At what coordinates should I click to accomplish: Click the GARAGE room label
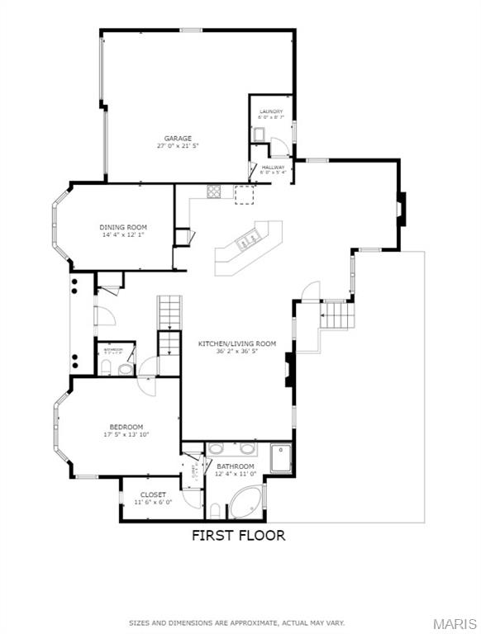pos(178,138)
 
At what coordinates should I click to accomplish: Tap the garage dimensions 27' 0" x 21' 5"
pos(178,145)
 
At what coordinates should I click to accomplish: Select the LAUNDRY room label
pos(270,111)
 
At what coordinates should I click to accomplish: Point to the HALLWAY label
pos(274,167)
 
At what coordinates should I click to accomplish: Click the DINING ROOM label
pos(123,227)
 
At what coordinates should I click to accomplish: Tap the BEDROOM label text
pos(126,426)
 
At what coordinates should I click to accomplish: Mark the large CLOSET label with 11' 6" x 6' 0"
pos(152,494)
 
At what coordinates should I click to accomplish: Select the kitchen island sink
pos(245,242)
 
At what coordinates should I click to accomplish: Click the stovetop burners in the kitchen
pos(214,192)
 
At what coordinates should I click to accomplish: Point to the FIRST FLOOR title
pos(238,535)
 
